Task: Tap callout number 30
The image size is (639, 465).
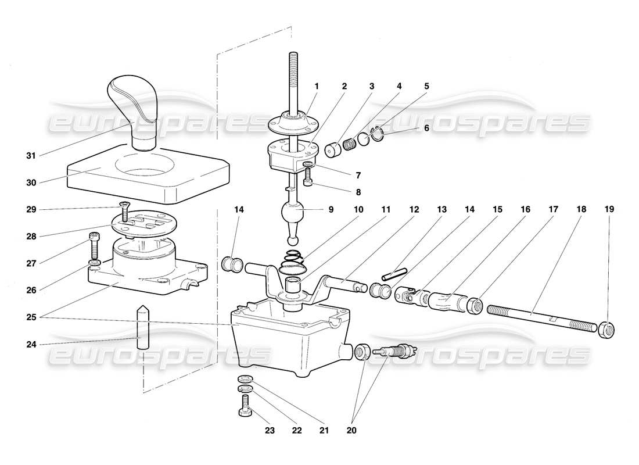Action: [31, 182]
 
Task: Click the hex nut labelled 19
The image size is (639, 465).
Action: [608, 330]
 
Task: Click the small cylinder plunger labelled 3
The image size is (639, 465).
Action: [333, 149]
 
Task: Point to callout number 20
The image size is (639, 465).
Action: [351, 431]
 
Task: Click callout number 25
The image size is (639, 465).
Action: [31, 317]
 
